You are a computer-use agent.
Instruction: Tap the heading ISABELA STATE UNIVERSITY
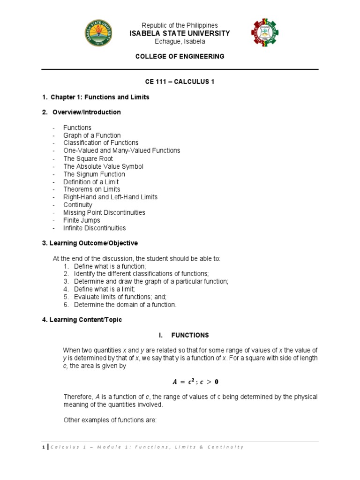(x=180, y=33)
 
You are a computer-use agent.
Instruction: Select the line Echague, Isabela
(x=180, y=41)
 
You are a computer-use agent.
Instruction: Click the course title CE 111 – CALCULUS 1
(x=180, y=82)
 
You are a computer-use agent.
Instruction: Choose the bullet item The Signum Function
(x=94, y=174)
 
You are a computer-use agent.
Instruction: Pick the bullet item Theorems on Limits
(x=92, y=189)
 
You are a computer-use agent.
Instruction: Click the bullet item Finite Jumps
(x=82, y=220)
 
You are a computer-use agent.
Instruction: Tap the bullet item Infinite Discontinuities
(x=95, y=228)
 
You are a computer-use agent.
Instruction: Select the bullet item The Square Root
(x=88, y=158)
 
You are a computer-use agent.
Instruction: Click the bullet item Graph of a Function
(x=92, y=135)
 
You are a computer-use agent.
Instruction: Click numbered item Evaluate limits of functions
(x=120, y=297)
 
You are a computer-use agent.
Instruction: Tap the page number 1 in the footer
(x=43, y=447)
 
